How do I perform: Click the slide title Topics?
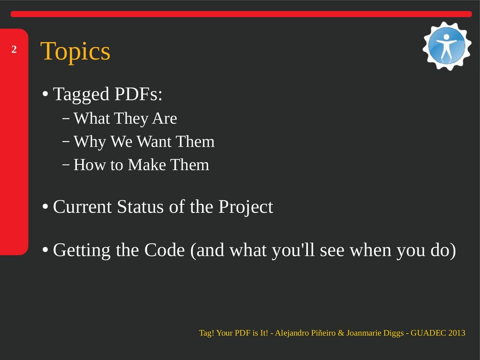(75, 52)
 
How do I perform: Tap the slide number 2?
(14, 49)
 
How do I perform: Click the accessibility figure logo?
(447, 46)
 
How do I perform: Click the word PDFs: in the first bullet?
(138, 94)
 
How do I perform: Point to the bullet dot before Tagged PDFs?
(45, 94)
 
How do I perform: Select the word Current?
(82, 207)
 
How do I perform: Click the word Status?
(141, 207)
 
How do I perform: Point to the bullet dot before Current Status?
(45, 207)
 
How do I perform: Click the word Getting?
(82, 251)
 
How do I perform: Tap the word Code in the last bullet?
(165, 250)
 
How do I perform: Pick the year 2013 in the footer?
(457, 333)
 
